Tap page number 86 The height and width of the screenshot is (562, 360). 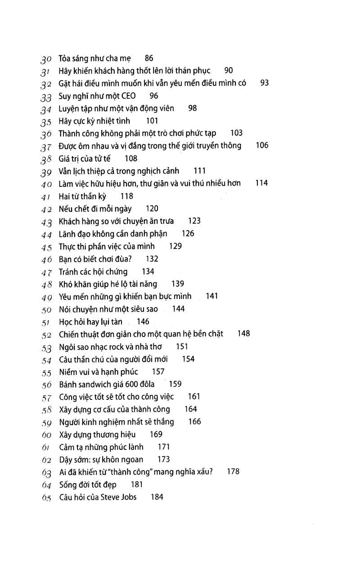click(x=149, y=58)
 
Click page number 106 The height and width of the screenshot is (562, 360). click(x=261, y=145)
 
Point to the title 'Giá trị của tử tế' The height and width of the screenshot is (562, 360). click(x=85, y=159)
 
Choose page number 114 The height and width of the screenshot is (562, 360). click(x=261, y=183)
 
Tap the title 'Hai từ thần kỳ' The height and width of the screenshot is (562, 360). click(x=83, y=196)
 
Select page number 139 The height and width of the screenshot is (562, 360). click(x=178, y=284)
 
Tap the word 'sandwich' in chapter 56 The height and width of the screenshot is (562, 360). click(x=102, y=384)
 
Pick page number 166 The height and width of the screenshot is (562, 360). click(x=195, y=421)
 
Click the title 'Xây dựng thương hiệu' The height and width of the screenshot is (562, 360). click(x=97, y=435)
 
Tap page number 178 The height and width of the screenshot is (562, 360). click(x=233, y=471)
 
